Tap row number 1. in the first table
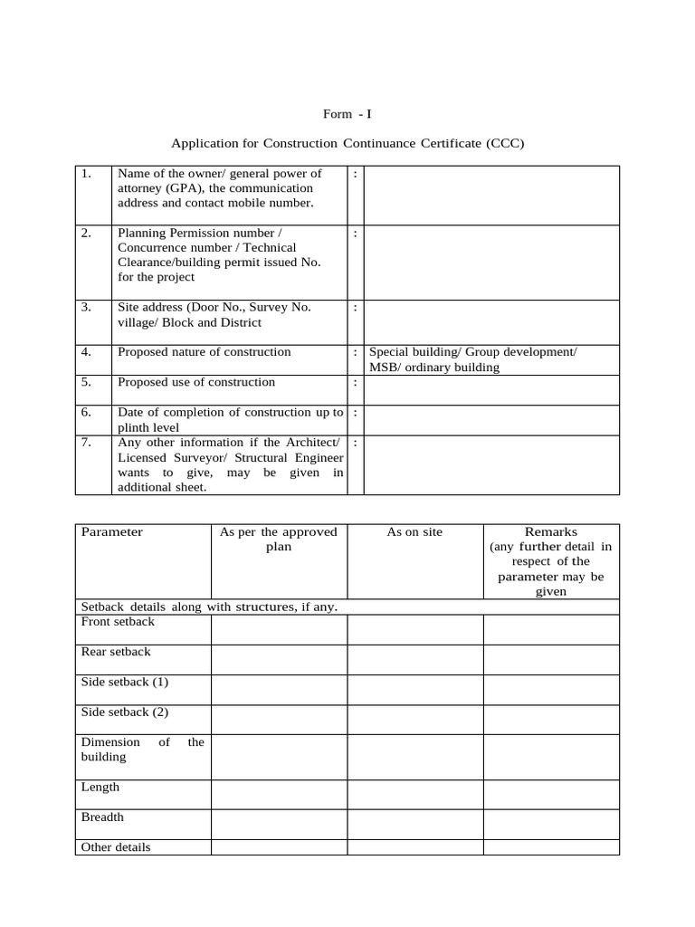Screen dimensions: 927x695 coord(86,173)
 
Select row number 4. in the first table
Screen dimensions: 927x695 coord(86,352)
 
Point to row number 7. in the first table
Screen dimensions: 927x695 coord(86,443)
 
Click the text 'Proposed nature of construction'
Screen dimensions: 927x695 coord(205,352)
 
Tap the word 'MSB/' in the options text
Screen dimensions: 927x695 coord(386,368)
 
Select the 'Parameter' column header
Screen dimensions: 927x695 coord(112,532)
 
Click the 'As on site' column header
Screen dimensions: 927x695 coord(414,532)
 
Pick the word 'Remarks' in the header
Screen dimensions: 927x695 coord(550,532)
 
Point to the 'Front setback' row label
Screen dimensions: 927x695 coord(118,622)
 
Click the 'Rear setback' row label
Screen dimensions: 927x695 coord(116,652)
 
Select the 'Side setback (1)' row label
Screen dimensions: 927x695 coord(125,682)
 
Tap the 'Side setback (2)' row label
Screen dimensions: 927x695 coord(125,712)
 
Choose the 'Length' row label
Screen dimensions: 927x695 coord(100,788)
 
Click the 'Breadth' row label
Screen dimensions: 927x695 coord(103,817)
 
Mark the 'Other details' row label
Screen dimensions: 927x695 coord(116,847)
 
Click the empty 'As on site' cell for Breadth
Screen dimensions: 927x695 coord(414,824)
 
